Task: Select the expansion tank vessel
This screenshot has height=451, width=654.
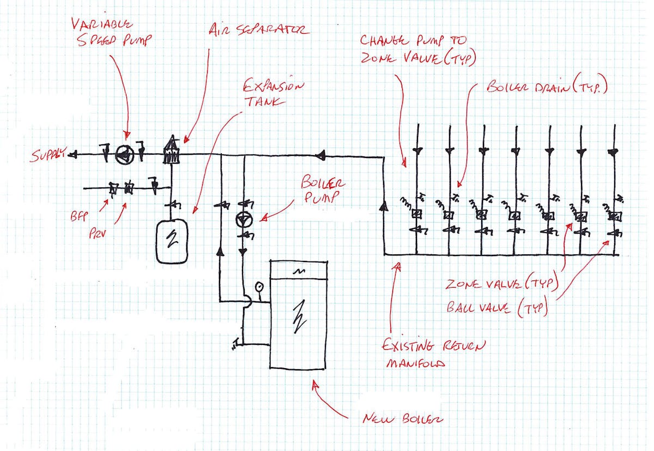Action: pos(173,241)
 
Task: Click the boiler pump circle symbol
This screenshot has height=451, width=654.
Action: pos(243,220)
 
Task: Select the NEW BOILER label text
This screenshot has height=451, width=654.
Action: pos(403,419)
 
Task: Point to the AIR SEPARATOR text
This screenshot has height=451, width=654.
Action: pos(259,31)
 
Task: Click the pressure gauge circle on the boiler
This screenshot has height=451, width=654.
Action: pos(258,286)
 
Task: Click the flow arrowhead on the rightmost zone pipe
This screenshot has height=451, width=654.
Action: pos(614,151)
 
